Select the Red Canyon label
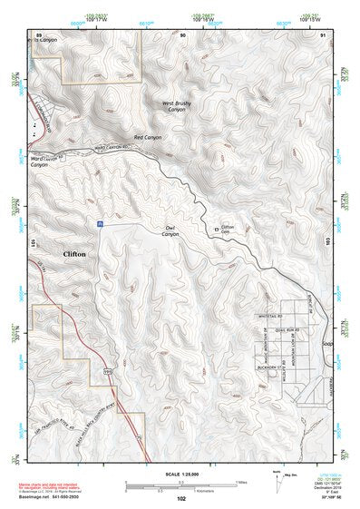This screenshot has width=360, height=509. tap(146, 137)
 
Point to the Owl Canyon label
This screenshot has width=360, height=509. tap(170, 231)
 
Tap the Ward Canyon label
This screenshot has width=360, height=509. tap(40, 162)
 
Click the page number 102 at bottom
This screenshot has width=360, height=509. tap(182, 499)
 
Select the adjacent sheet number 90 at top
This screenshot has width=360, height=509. tap(183, 34)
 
